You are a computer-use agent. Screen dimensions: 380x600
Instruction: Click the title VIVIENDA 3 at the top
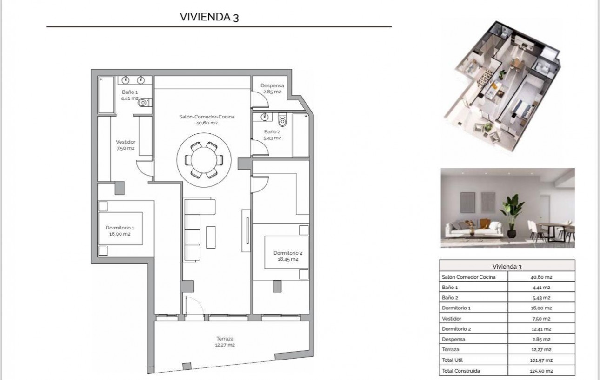[209, 17]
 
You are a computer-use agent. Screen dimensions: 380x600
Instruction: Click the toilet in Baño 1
[144, 103]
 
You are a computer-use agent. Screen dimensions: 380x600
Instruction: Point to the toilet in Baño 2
[282, 121]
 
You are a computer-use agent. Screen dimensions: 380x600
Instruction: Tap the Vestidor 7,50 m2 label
[125, 145]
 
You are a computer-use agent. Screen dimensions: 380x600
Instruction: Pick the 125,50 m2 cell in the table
[542, 371]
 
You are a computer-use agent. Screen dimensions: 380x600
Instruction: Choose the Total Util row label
[453, 360]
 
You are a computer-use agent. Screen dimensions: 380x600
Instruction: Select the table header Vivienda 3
[507, 266]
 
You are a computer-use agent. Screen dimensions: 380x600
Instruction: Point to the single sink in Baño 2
[264, 117]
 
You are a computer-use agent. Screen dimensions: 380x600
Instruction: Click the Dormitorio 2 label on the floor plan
[288, 256]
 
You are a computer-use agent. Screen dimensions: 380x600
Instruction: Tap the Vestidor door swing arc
[145, 167]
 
